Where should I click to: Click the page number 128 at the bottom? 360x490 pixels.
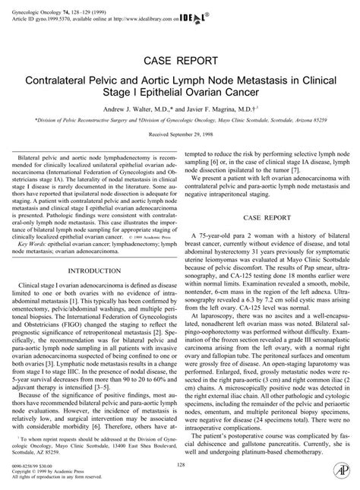180,465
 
